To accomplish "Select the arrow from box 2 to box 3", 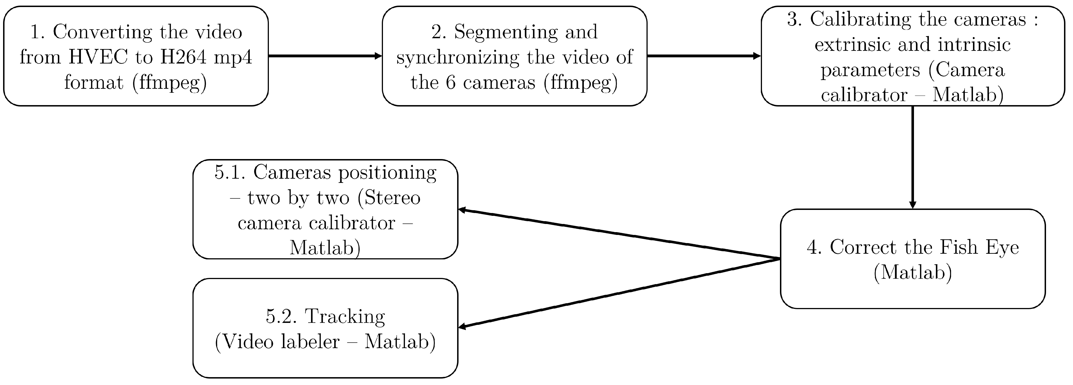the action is [704, 56].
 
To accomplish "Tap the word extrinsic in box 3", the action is [850, 45].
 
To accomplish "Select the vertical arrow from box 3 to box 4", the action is [913, 157].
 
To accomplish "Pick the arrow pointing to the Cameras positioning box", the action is [619, 234].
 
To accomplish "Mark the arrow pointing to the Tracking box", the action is [619, 293].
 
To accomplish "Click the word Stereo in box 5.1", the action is [393, 198].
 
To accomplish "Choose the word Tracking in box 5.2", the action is [345, 317].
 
